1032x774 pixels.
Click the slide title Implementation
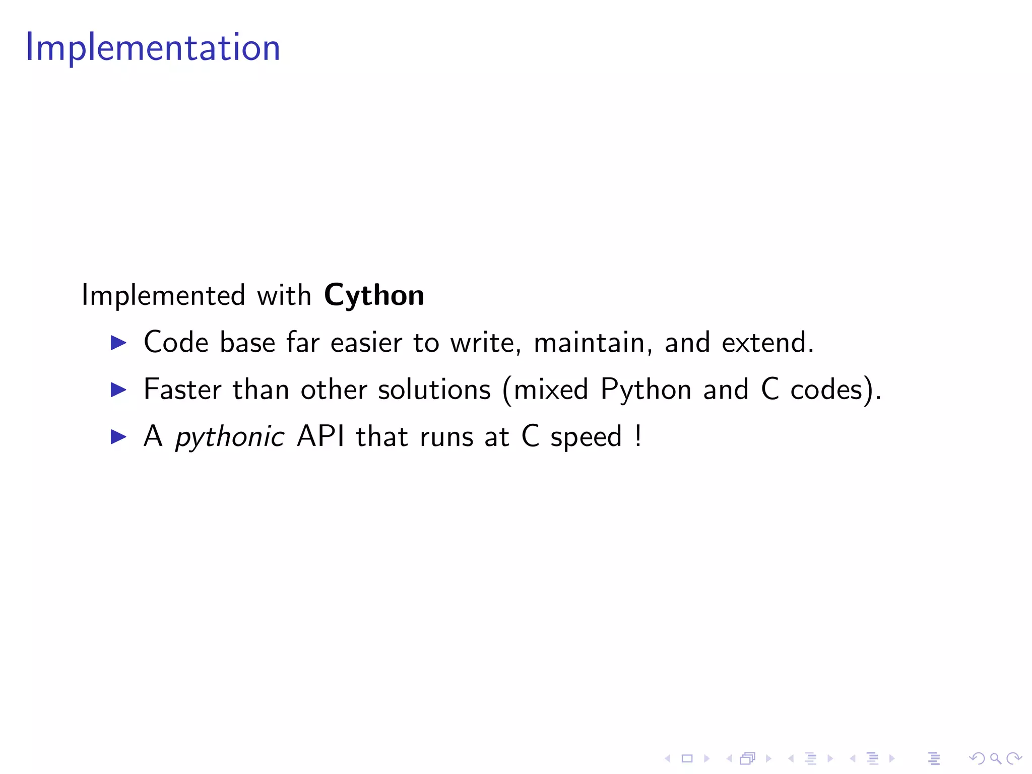click(x=153, y=47)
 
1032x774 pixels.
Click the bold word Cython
click(x=374, y=295)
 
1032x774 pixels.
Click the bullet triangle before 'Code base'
click(x=118, y=343)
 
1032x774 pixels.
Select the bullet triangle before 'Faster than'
click(x=118, y=390)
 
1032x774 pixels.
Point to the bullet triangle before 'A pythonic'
click(x=118, y=437)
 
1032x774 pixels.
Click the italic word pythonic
click(x=230, y=437)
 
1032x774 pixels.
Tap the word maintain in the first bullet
click(x=589, y=343)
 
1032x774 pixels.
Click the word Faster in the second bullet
click(x=182, y=390)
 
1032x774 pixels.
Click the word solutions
click(x=434, y=390)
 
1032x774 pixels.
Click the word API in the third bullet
click(x=321, y=436)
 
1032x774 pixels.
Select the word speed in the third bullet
click(x=586, y=437)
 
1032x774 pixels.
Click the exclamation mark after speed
click(x=638, y=436)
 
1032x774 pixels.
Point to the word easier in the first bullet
click(x=366, y=343)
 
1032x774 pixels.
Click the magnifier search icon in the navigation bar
click(x=995, y=758)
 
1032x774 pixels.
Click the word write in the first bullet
click(x=483, y=343)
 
